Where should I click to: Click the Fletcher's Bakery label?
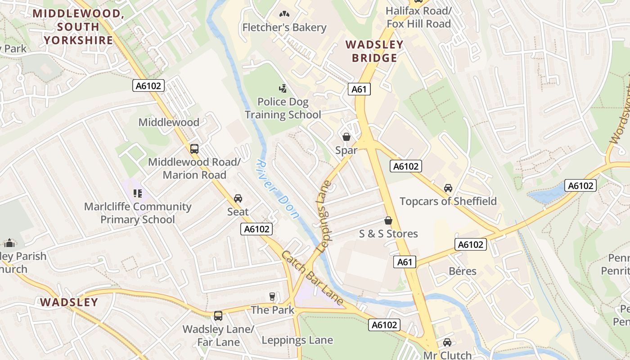284,27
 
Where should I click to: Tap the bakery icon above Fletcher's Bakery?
284,14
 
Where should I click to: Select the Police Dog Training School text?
283,108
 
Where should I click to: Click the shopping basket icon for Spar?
346,137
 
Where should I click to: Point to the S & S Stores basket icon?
388,220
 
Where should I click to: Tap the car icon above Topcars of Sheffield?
448,188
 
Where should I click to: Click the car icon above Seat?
238,198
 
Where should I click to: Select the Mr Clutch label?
447,355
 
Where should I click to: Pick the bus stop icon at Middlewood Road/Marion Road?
194,149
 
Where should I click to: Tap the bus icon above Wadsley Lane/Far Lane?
218,316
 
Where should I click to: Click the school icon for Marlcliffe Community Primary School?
138,194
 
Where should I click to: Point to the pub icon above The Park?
272,297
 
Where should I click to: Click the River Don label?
278,189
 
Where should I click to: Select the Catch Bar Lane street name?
313,278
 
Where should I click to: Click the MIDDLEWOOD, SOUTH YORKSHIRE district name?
79,27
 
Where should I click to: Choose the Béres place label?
463,271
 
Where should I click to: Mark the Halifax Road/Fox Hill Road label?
418,17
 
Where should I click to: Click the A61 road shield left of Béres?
404,262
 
